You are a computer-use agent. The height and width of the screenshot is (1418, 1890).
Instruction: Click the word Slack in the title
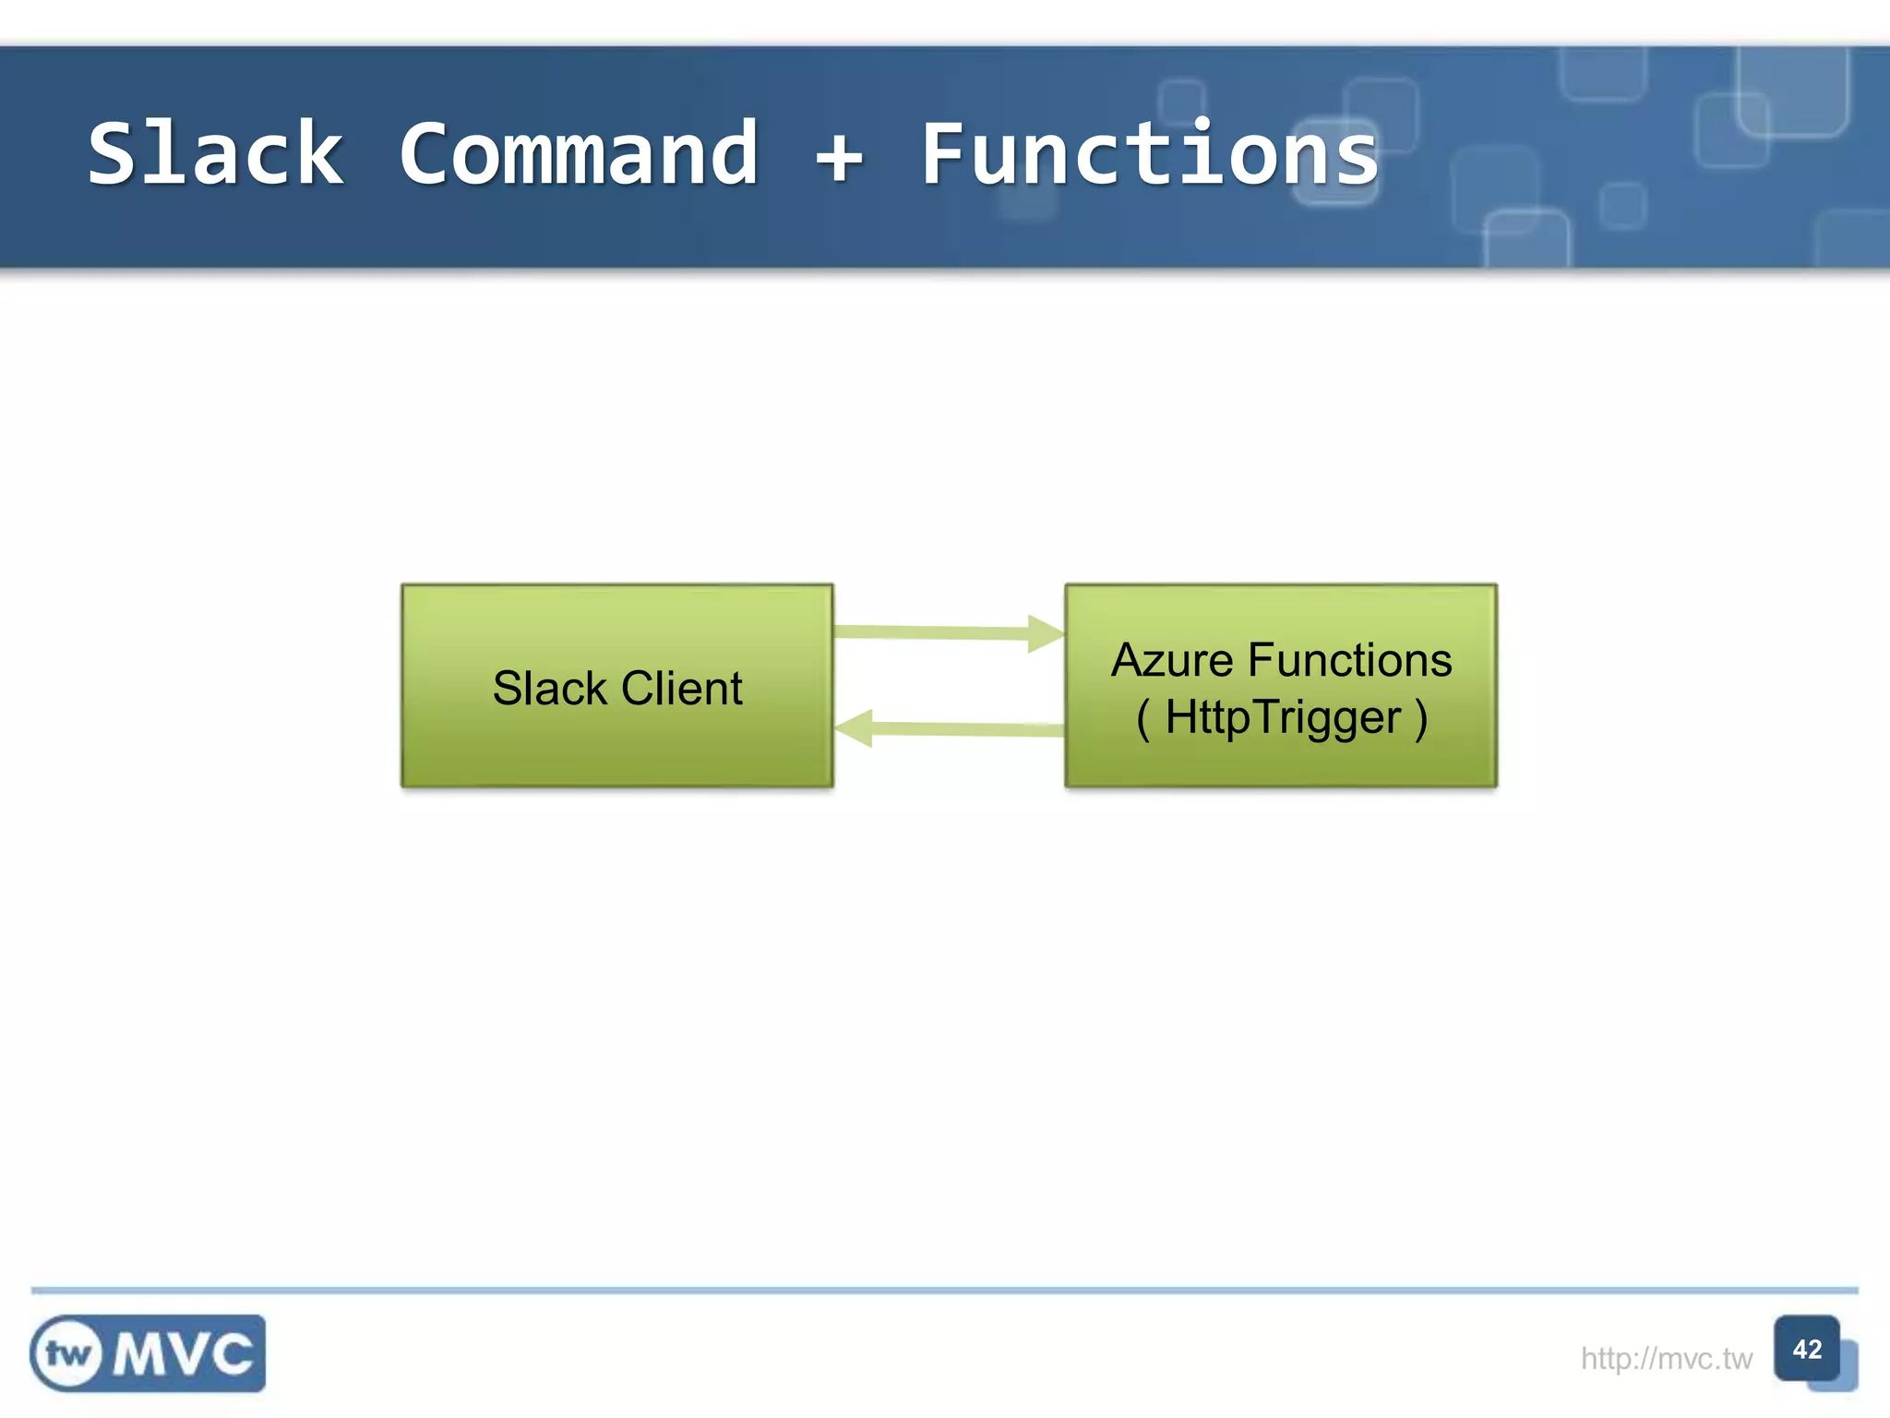click(216, 154)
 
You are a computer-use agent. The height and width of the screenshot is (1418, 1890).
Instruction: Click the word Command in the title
click(579, 154)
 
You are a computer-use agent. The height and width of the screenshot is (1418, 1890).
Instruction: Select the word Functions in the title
click(1149, 154)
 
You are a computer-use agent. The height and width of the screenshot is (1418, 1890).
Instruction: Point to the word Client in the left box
click(681, 689)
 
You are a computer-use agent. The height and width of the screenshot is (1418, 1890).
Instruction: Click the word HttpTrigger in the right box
click(1283, 717)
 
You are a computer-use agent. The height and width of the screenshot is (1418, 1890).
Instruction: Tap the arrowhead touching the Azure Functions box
click(1045, 633)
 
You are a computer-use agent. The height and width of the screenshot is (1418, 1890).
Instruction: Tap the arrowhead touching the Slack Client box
click(855, 728)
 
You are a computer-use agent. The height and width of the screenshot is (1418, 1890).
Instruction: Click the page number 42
click(1806, 1349)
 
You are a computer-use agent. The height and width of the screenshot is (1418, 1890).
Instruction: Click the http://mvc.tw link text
click(1666, 1358)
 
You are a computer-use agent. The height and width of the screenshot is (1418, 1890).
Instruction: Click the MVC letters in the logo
click(183, 1354)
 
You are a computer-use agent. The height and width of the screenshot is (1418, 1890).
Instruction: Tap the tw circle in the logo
click(68, 1354)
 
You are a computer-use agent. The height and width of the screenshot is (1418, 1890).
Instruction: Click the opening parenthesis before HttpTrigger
click(1143, 718)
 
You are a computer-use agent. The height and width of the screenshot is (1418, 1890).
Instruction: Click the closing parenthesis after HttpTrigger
click(1421, 718)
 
